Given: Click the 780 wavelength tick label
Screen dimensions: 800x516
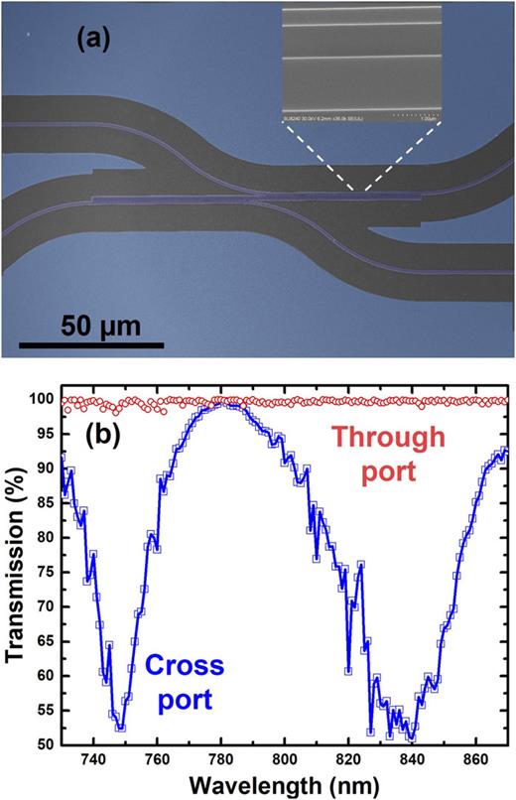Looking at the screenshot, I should tap(220, 760).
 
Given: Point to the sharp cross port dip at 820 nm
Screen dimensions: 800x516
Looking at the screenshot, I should tap(348, 670).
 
